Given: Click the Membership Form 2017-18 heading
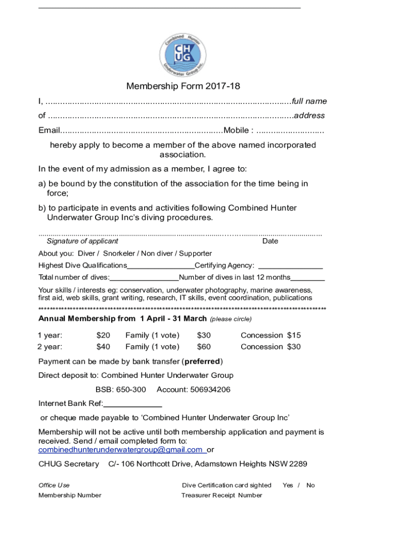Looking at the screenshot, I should pyautogui.click(x=183, y=86).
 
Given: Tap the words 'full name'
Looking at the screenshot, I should pyautogui.click(x=309, y=101).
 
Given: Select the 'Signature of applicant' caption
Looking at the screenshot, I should pyautogui.click(x=82, y=241).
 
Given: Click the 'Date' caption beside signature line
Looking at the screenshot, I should pyautogui.click(x=270, y=241).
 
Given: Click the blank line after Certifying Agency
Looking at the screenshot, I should pyautogui.click(x=290, y=266).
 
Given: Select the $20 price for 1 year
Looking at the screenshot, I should pyautogui.click(x=103, y=335).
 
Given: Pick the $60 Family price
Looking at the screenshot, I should pyautogui.click(x=204, y=347).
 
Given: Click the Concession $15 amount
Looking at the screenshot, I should pyautogui.click(x=294, y=335).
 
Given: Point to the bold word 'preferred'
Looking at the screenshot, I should pyautogui.click(x=202, y=362).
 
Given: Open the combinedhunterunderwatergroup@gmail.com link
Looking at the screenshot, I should pyautogui.click(x=121, y=450).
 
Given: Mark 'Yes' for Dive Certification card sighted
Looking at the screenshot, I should pyautogui.click(x=288, y=485).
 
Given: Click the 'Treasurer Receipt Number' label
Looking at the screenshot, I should pyautogui.click(x=221, y=495).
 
